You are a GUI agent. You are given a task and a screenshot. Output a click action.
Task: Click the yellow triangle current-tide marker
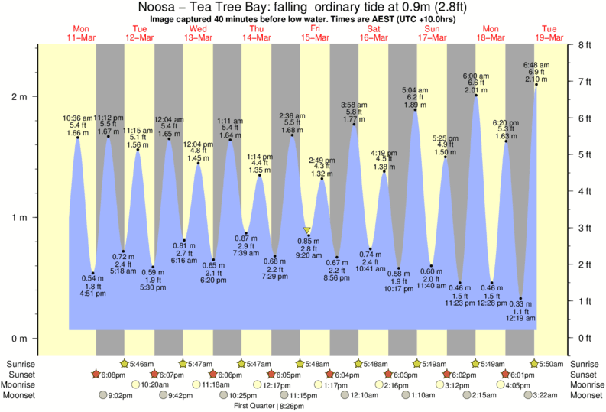pyautogui.click(x=307, y=229)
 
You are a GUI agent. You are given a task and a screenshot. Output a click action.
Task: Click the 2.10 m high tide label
pyautogui.click(x=536, y=79)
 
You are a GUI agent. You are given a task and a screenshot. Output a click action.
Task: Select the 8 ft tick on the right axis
pyautogui.click(x=585, y=45)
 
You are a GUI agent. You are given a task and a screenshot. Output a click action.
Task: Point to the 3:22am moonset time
pyautogui.click(x=550, y=395)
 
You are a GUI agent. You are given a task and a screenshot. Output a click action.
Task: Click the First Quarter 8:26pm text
pyautogui.click(x=270, y=406)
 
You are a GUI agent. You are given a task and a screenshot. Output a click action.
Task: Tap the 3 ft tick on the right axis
pyautogui.click(x=585, y=228)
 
